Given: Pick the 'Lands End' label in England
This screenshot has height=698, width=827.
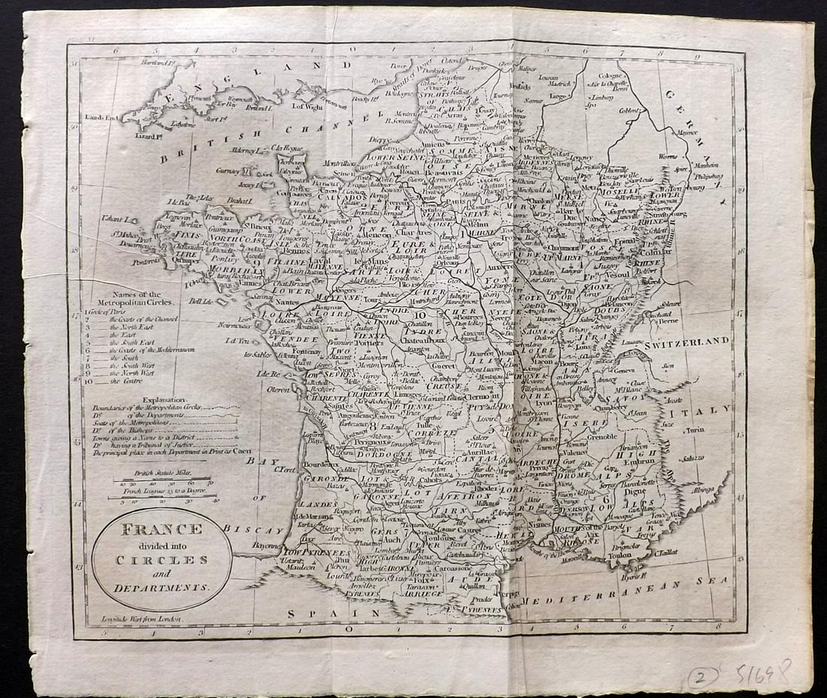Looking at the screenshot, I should pos(102,117).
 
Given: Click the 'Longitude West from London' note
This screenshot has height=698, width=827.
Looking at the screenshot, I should pos(144,621).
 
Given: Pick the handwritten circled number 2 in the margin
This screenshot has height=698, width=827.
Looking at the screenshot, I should pos(701,676).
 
